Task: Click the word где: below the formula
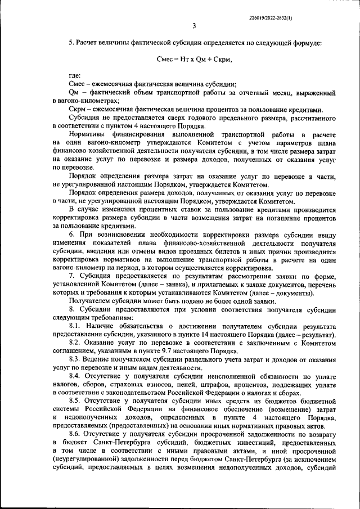point(75,75)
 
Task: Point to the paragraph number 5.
point(70,43)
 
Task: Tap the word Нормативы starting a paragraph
point(88,134)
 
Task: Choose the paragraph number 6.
point(71,233)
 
